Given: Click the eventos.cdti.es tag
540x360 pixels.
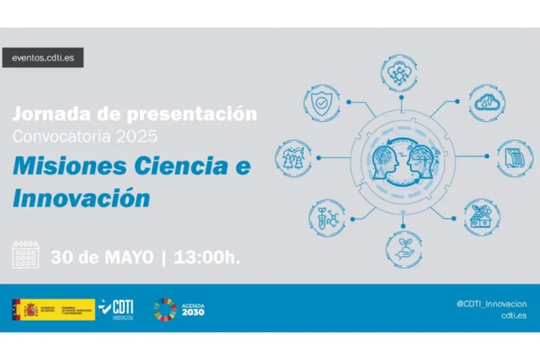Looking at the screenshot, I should [43, 57].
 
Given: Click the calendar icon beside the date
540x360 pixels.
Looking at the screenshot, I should [27, 254].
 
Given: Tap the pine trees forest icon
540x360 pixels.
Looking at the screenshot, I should [291, 157].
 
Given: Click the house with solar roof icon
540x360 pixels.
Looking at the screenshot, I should [483, 212].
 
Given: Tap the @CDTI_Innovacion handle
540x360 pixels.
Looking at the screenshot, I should [490, 303].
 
